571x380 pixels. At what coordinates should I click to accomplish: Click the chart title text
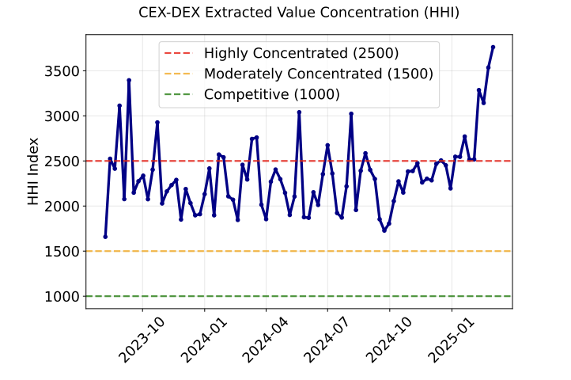pos(298,13)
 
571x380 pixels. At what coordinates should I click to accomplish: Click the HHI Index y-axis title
pos(33,171)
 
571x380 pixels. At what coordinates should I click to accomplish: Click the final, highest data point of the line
pos(493,47)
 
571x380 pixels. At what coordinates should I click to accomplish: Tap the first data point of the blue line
pos(105,237)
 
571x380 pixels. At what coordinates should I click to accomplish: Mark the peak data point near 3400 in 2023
pos(129,80)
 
